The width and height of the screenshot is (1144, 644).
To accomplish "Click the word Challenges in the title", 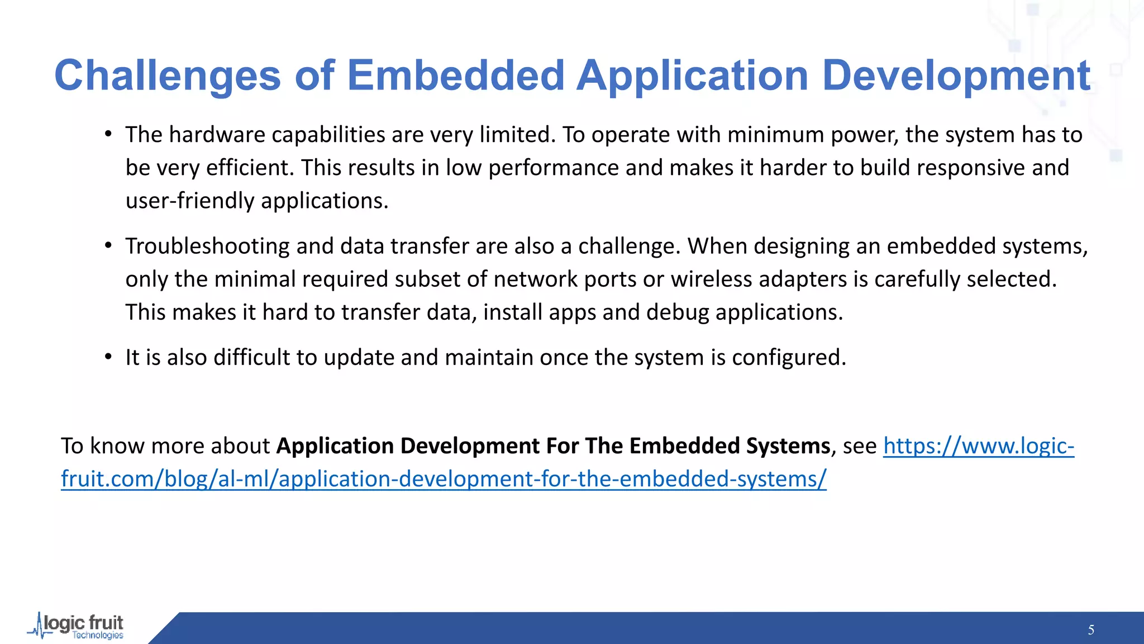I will pos(167,76).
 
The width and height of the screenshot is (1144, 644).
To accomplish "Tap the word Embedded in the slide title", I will pos(456,76).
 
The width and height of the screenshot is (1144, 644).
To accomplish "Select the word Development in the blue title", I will pos(956,76).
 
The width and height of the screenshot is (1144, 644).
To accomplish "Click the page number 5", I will pos(1090,630).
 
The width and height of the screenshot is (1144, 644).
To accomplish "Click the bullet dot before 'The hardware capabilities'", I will pos(108,135).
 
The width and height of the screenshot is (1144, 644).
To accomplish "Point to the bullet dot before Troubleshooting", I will pos(108,246).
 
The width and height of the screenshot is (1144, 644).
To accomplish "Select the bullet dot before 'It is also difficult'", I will pos(108,357).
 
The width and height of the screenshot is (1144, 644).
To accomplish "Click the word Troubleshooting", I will pos(207,247).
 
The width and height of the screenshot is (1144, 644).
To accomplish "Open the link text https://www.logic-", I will pos(978,446).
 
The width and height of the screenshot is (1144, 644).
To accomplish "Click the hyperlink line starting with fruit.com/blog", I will pos(444,479).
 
